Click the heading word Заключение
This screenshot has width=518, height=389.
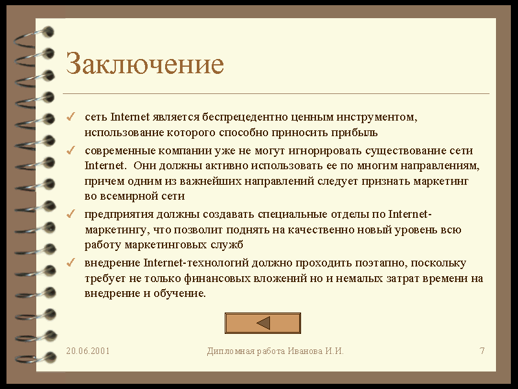pyautogui.click(x=145, y=63)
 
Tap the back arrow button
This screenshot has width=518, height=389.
pyautogui.click(x=263, y=323)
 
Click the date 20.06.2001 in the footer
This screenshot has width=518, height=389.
pyautogui.click(x=88, y=351)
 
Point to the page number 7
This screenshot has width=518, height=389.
pyautogui.click(x=482, y=351)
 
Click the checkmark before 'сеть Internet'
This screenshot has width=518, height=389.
pyautogui.click(x=71, y=117)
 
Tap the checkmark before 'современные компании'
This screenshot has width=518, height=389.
pyautogui.click(x=71, y=150)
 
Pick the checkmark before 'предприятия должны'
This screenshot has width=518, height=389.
pyautogui.click(x=71, y=214)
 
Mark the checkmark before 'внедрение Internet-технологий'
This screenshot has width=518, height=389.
pyautogui.click(x=71, y=263)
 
